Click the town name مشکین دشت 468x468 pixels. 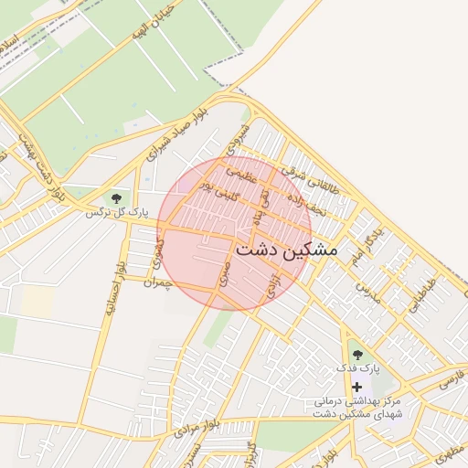coord(287,249)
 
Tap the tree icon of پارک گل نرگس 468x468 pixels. coord(116,197)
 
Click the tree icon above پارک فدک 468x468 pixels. coord(356,354)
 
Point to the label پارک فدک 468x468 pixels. coord(356,367)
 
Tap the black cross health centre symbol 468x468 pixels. coord(356,388)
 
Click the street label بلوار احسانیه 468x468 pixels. coord(114,289)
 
